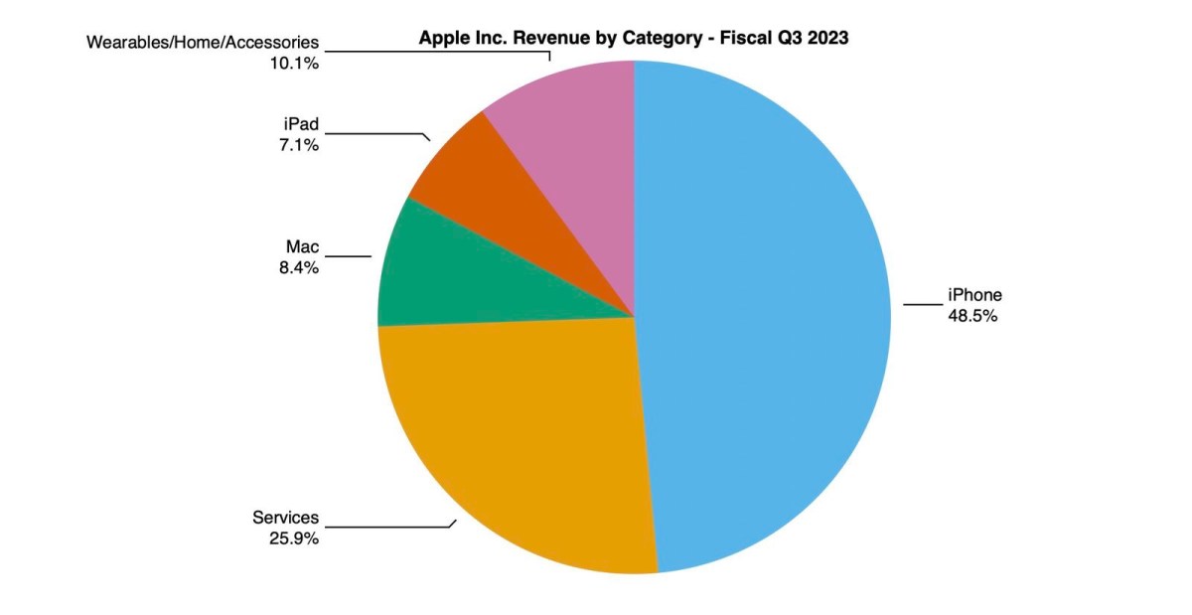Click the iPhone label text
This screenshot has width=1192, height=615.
point(974,295)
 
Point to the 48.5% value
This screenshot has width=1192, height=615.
point(972,316)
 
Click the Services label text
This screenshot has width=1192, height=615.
point(285,518)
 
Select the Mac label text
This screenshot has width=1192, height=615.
point(302,246)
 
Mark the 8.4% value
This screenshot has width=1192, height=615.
point(298,267)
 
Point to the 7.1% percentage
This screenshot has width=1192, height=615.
point(298,147)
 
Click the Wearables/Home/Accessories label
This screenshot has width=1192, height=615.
point(203,43)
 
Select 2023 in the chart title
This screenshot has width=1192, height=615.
point(828,39)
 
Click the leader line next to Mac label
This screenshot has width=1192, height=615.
point(348,256)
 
